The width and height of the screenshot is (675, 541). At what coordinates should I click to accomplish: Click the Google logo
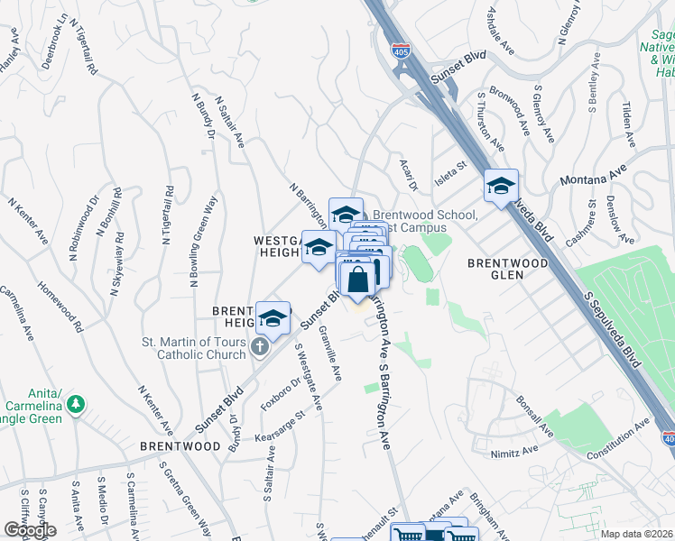29,530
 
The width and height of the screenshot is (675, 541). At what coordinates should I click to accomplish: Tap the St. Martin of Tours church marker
260,347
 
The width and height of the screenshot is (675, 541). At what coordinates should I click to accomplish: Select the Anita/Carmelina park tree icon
79,403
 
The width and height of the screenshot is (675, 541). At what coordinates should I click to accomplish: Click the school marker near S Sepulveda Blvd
501,186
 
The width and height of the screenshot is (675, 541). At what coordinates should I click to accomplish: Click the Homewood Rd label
60,307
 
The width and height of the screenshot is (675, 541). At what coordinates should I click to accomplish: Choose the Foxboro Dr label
282,390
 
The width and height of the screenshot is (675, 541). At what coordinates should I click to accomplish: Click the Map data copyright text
636,533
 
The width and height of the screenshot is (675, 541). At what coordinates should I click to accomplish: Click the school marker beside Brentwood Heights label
273,317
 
